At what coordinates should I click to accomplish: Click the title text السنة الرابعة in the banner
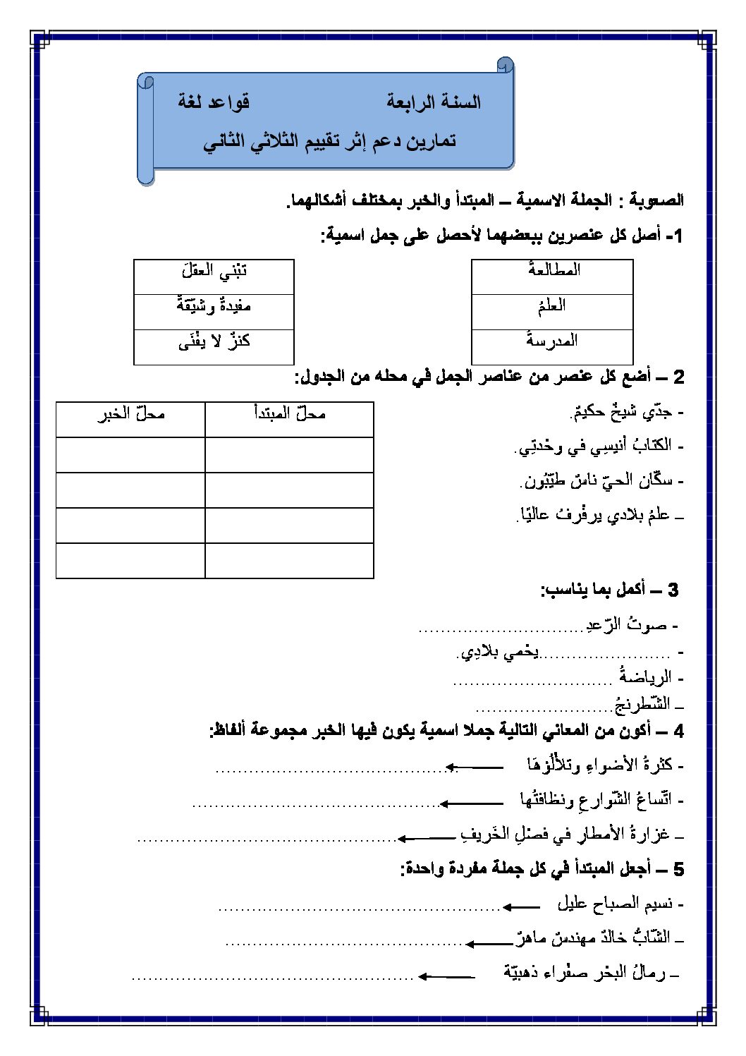[433, 102]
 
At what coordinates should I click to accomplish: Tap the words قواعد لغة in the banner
[214, 102]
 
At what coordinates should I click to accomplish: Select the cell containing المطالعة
[553, 276]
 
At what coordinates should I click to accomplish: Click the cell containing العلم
[553, 311]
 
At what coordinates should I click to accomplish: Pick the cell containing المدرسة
[553, 346]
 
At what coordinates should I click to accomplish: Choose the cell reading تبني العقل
[214, 276]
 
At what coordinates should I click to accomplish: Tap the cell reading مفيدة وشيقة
[214, 311]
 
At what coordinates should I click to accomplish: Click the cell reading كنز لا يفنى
[214, 346]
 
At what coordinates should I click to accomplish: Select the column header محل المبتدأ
[289, 419]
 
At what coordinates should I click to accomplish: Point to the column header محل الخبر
[130, 419]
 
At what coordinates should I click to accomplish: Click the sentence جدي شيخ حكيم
[623, 412]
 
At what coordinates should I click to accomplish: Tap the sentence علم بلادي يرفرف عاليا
[599, 516]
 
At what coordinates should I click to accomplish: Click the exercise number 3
[672, 590]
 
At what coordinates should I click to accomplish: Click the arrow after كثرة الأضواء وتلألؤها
[474, 767]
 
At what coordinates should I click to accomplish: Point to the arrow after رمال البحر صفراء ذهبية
[446, 976]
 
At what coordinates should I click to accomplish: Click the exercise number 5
[678, 869]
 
